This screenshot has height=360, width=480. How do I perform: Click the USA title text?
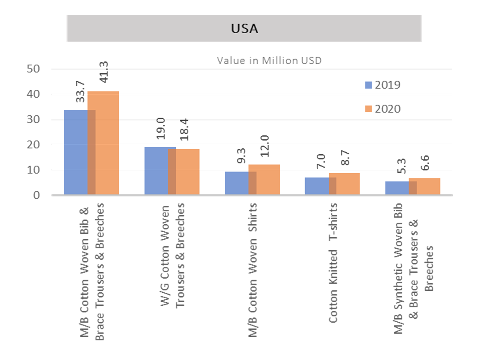[244, 28]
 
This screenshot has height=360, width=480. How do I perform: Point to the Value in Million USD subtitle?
[269, 60]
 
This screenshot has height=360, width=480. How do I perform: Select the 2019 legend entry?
[382, 85]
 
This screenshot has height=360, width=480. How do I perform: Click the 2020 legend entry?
[382, 109]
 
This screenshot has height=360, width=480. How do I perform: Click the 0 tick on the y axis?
[37, 195]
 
